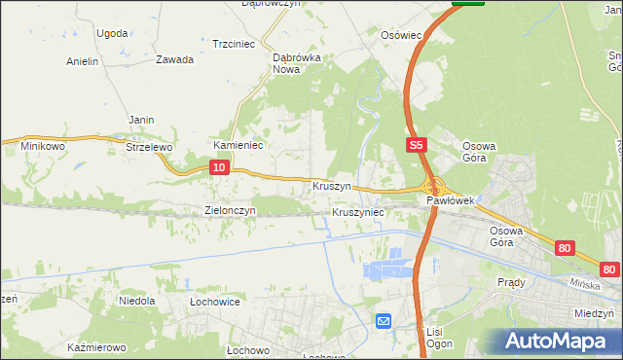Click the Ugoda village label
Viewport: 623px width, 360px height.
(112, 33)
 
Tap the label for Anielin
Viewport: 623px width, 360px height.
(83, 61)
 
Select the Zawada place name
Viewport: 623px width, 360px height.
(174, 59)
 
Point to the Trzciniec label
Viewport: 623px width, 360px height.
(233, 44)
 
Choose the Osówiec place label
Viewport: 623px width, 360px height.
(401, 35)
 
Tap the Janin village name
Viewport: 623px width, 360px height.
(142, 120)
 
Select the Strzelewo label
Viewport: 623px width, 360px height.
(149, 147)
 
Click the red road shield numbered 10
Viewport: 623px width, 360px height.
(219, 168)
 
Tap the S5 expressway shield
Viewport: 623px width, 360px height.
(416, 145)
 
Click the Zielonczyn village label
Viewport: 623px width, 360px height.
(230, 210)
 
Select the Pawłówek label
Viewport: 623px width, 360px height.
(450, 200)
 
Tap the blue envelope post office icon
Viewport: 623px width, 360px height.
(384, 320)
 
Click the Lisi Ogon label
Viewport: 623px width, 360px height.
(434, 338)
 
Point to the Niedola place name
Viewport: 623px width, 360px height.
(137, 301)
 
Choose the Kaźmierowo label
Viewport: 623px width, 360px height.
(97, 347)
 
